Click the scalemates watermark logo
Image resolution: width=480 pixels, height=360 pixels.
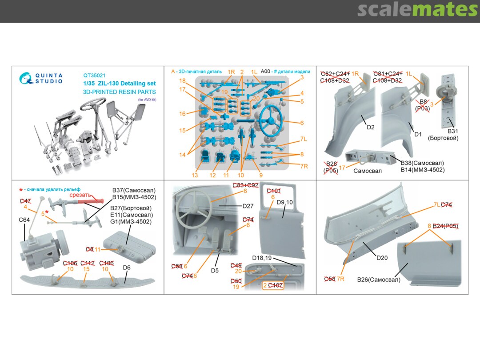(417, 9)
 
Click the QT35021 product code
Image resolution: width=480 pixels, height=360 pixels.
(94, 76)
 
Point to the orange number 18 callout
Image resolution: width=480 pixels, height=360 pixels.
(182, 80)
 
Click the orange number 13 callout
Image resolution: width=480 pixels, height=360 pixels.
(195, 175)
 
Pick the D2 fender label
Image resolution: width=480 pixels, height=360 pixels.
(370, 127)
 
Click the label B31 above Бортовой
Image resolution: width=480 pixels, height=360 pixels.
(452, 131)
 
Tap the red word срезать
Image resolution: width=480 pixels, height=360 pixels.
(80, 194)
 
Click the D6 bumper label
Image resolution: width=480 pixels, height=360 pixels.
(126, 268)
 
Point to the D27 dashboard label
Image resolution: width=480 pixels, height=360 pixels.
(248, 206)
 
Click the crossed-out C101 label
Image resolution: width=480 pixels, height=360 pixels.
(273, 191)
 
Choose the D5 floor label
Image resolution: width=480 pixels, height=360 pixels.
(215, 270)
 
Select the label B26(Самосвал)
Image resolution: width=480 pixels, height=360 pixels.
(379, 280)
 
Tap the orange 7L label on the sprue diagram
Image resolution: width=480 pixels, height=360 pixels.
(304, 139)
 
